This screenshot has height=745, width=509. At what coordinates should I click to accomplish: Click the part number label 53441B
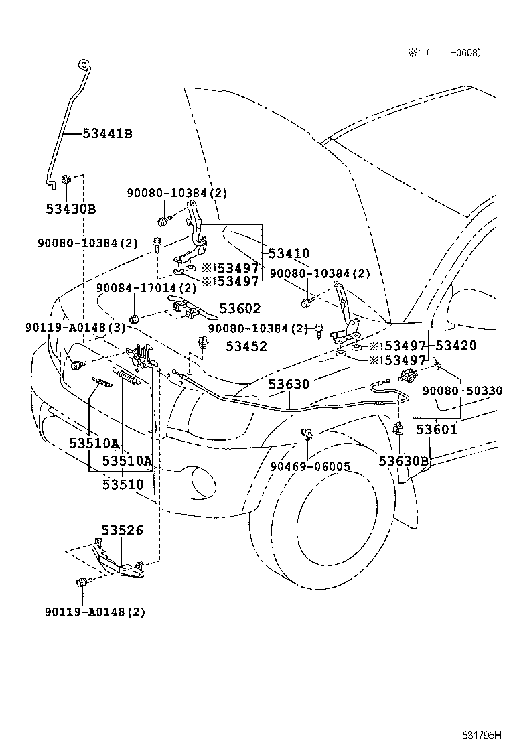[107, 133]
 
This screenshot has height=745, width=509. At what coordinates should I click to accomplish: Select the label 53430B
[71, 209]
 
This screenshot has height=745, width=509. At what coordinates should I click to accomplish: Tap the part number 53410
[289, 253]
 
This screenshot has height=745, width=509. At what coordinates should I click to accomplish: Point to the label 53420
[456, 346]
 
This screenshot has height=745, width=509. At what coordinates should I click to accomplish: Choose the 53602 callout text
[240, 309]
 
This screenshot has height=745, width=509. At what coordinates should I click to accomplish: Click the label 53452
[246, 346]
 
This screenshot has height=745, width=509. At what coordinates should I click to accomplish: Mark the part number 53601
[436, 429]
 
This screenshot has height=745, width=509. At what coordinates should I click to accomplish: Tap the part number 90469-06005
[310, 467]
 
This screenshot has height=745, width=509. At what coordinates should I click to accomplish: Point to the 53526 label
[123, 531]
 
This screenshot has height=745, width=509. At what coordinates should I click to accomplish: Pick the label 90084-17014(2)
[146, 288]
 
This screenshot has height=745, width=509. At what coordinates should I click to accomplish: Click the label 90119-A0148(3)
[76, 327]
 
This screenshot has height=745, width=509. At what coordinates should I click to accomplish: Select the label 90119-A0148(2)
[95, 612]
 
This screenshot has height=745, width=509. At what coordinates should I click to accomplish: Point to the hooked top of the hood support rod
[83, 64]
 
